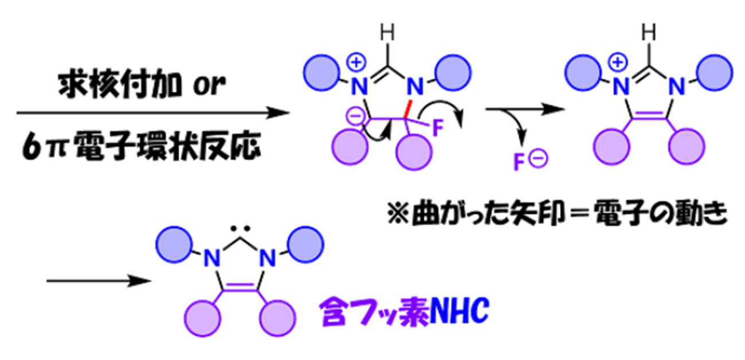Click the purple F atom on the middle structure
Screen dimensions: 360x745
pos(437,128)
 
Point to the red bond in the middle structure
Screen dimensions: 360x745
pos(409,107)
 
